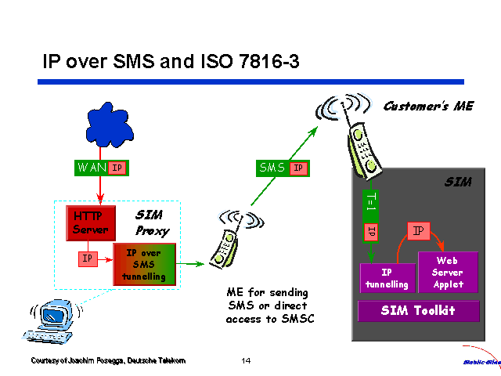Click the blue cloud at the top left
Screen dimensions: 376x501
101,126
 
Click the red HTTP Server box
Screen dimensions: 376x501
91,222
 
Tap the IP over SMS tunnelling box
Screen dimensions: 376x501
144,265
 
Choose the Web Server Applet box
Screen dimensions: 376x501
448,273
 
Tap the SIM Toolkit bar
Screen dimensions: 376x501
418,311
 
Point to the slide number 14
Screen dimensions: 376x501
246,360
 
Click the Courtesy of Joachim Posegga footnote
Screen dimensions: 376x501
108,360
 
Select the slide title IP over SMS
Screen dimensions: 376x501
170,61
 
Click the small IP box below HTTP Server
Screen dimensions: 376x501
88,258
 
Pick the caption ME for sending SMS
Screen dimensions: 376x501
267,305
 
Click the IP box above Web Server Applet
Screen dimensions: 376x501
419,230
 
